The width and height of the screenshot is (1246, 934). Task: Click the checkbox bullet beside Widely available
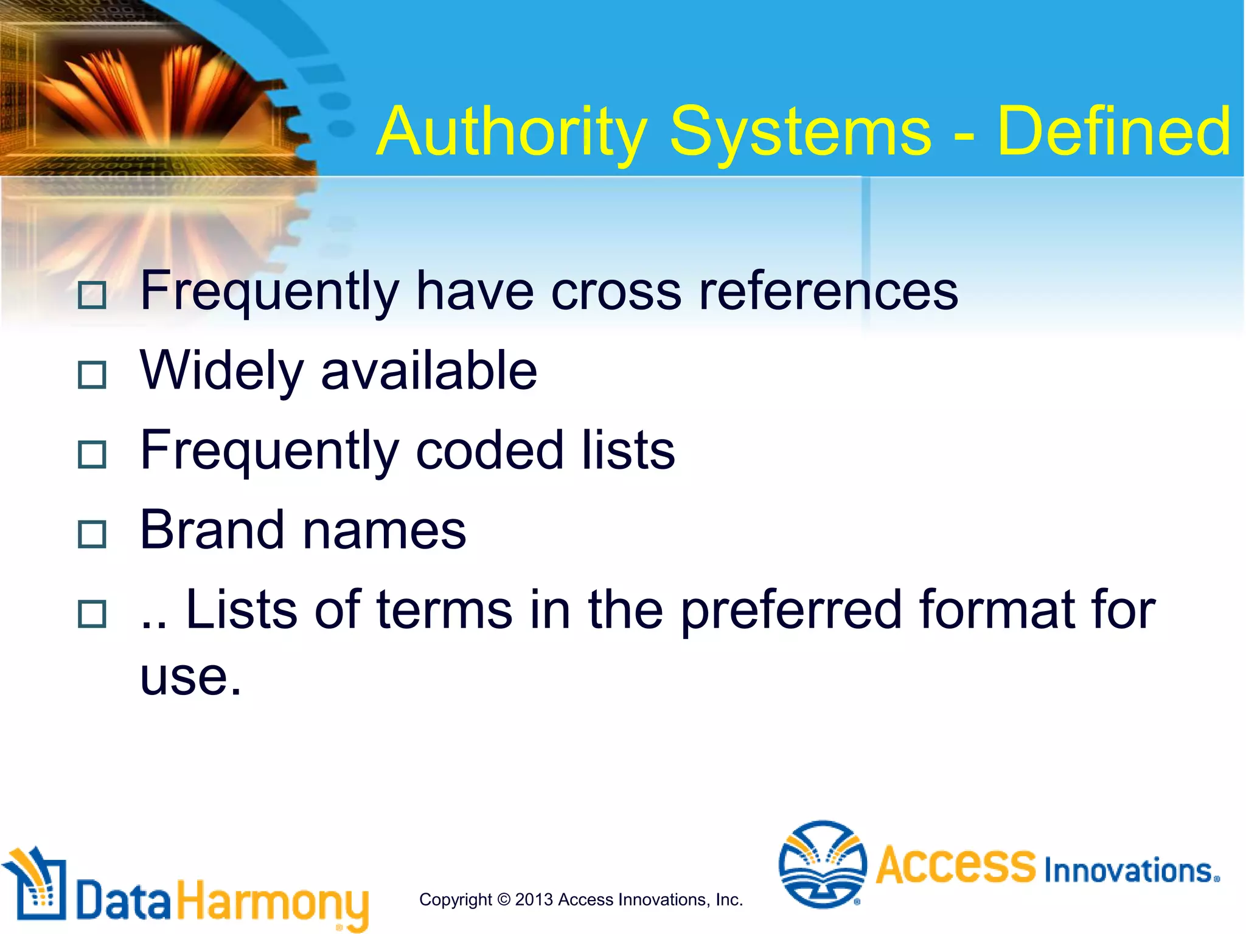92,375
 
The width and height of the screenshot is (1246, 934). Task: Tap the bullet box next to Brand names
92,534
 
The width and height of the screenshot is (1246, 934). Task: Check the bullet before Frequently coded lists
92,454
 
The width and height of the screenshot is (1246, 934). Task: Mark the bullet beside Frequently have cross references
92,295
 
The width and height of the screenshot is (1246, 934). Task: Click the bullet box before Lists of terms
92,614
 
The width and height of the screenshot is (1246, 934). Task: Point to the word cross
616,293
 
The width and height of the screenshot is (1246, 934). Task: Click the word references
828,292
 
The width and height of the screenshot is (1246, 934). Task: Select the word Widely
221,372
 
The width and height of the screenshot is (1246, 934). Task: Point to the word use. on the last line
190,677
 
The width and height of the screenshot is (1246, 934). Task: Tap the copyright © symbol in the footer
504,899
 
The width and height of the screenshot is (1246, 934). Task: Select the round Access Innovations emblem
823,864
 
